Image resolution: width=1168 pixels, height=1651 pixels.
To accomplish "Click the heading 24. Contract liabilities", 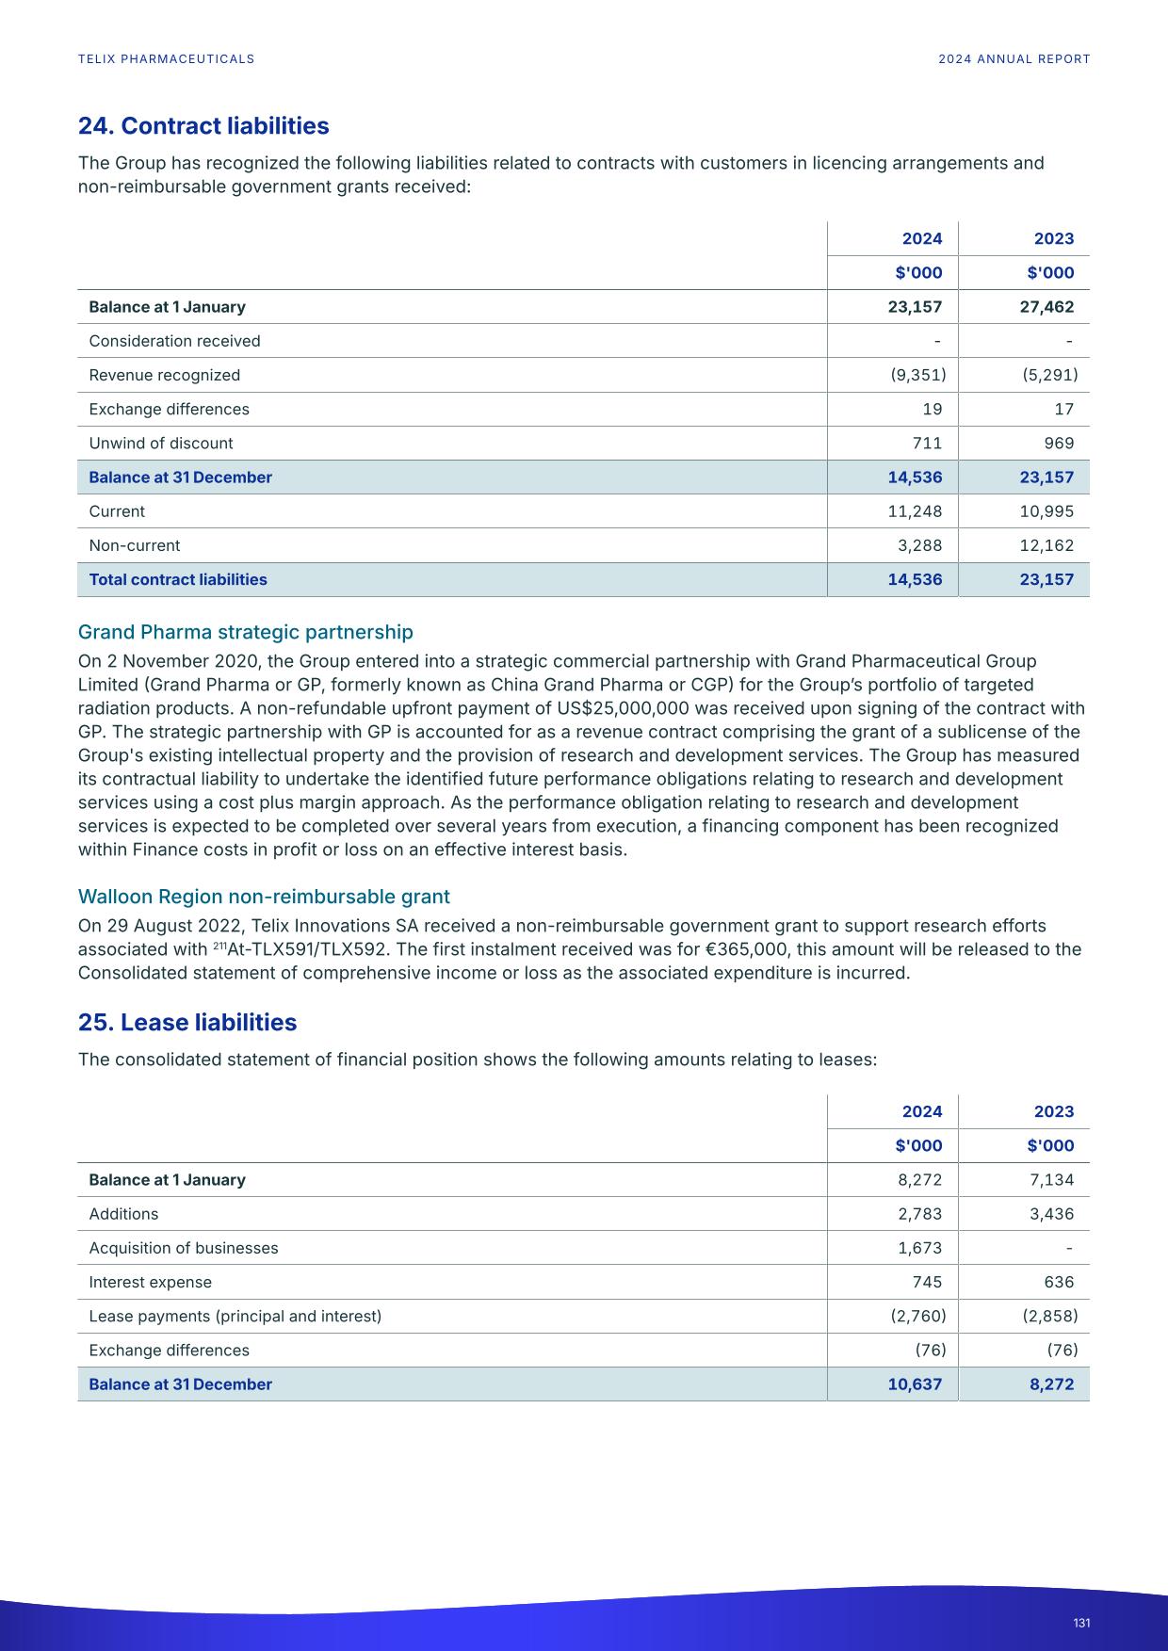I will click(203, 126).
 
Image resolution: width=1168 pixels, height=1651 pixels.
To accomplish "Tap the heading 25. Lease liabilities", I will click(187, 1023).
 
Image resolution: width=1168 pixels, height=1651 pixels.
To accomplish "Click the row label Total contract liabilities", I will click(178, 580).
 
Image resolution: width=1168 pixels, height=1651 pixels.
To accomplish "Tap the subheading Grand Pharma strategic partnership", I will click(245, 632).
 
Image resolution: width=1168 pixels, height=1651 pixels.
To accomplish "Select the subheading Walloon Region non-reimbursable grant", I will click(264, 897).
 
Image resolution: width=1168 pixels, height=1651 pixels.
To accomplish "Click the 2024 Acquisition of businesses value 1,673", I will click(919, 1248).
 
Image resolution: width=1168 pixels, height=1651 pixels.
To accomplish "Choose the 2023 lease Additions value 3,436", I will click(1051, 1214).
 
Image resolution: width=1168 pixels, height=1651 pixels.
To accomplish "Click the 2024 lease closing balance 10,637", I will click(915, 1384).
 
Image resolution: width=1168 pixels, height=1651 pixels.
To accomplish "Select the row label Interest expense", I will click(151, 1283).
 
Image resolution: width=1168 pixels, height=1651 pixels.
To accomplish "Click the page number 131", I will click(1081, 1623).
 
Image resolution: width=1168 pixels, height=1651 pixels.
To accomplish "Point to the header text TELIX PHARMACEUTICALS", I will click(166, 59).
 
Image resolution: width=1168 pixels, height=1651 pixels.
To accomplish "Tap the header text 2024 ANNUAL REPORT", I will click(1014, 59).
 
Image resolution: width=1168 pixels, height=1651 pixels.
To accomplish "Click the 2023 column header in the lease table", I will click(1053, 1111).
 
